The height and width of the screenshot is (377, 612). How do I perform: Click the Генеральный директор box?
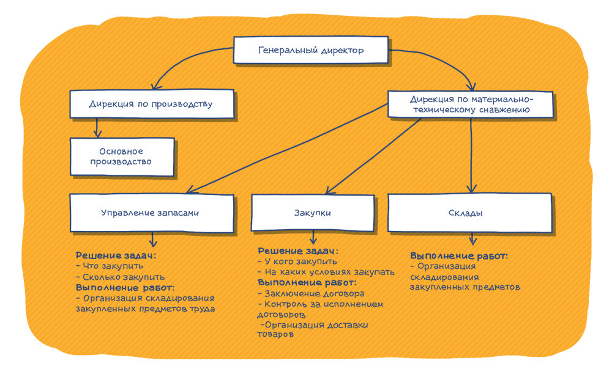(x=311, y=50)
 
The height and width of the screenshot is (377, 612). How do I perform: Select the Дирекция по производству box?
(x=151, y=104)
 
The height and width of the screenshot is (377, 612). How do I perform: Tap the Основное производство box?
(x=121, y=156)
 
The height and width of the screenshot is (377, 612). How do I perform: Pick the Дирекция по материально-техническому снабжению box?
(x=471, y=104)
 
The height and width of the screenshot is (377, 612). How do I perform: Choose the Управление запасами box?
(x=151, y=213)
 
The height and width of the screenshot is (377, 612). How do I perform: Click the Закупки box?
(x=313, y=213)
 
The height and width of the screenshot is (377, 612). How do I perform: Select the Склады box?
(x=469, y=213)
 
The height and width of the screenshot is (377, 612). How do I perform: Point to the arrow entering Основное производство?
(x=97, y=128)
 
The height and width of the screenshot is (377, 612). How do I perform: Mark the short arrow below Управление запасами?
(x=153, y=239)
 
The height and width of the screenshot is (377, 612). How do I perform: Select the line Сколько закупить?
(x=114, y=277)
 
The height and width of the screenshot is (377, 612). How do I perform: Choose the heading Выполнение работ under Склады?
(x=459, y=255)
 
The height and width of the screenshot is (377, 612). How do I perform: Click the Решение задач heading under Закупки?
(x=297, y=251)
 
